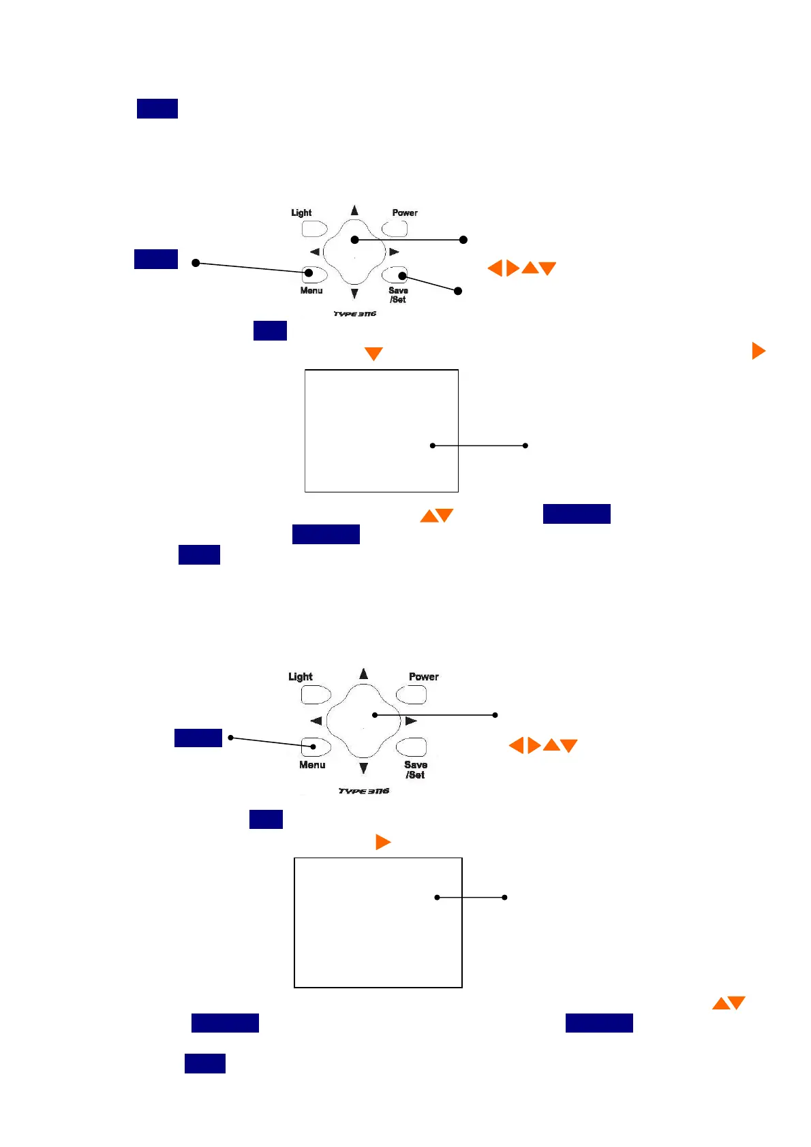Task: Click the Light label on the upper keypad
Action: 301,213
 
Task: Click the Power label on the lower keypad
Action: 423,676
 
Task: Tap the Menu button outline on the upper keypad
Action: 314,274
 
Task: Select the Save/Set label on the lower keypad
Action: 415,770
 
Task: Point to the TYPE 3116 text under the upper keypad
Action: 354,314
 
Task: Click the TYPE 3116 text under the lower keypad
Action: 364,791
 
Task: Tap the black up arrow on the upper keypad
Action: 354,210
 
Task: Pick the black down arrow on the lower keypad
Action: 364,768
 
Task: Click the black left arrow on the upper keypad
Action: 314,252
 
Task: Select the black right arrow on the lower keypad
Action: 411,721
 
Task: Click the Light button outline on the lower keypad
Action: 316,695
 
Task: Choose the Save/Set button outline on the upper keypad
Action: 395,274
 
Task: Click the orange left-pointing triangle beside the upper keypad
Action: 495,268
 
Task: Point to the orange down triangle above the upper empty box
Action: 373,353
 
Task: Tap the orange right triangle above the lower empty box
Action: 383,843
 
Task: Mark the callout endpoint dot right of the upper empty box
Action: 525,445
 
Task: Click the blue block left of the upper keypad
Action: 156,260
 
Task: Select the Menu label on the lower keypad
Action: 312,765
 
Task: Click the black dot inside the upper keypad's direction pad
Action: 354,240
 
